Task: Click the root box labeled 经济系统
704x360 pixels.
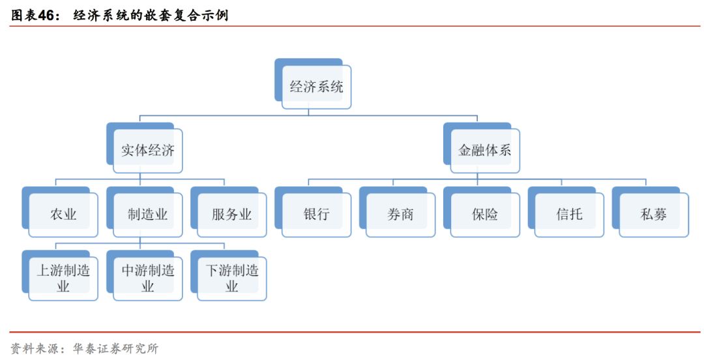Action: (x=316, y=87)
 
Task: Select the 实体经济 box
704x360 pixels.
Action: (x=148, y=151)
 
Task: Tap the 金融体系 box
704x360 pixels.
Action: (x=485, y=151)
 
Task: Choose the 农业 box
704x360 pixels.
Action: (x=63, y=215)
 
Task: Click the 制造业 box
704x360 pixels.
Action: (x=148, y=215)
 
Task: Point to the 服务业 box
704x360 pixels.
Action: (x=232, y=215)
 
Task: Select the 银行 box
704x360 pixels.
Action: (x=316, y=215)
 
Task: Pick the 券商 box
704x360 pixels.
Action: (x=400, y=215)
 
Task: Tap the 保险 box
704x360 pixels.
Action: (x=485, y=215)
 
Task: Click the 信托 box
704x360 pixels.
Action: (x=569, y=215)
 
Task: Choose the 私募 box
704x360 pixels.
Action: (x=653, y=215)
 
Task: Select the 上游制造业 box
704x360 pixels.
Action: (x=63, y=278)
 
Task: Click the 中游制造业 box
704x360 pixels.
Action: (x=148, y=278)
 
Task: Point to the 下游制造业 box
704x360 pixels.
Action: (x=232, y=278)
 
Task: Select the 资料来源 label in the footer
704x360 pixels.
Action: (x=32, y=349)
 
